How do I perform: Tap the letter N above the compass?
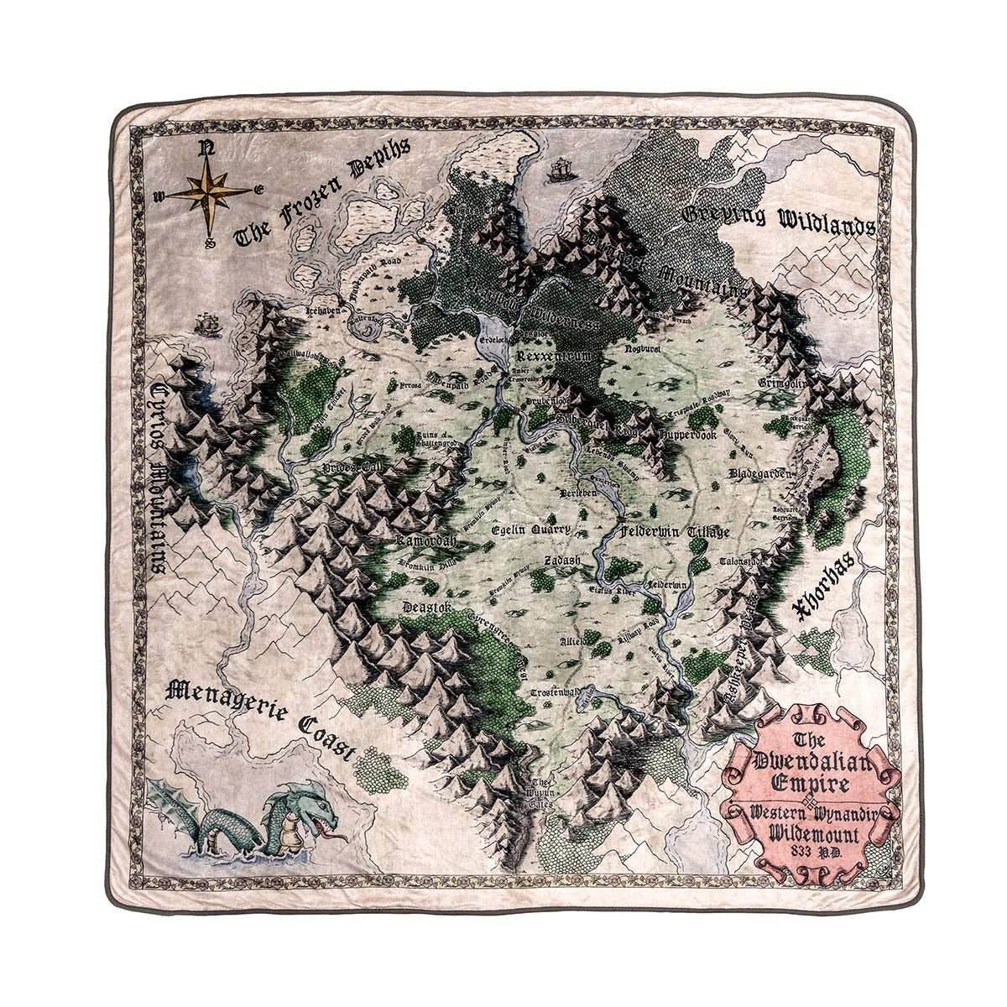[204, 150]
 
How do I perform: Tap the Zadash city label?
[557, 560]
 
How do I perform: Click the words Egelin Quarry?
[530, 530]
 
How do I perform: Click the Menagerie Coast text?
[261, 717]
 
